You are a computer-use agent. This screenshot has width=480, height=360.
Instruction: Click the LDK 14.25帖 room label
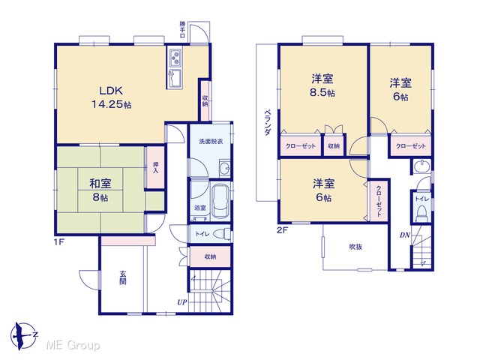(x=112, y=97)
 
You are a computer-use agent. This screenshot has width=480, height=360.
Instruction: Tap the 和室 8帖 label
(x=100, y=190)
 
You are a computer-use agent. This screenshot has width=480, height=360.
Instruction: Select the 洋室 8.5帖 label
(x=322, y=85)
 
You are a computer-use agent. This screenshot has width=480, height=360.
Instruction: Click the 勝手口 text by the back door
(x=182, y=29)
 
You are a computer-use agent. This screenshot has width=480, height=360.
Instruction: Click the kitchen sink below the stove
(x=175, y=78)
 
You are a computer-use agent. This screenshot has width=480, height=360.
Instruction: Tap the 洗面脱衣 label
(x=211, y=142)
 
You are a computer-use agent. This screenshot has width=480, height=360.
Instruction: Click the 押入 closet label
(x=155, y=168)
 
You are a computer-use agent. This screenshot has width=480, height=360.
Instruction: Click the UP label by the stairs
(x=181, y=302)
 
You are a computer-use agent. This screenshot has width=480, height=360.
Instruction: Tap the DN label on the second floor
(x=405, y=235)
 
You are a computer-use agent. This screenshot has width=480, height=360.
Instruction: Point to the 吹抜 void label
(x=355, y=247)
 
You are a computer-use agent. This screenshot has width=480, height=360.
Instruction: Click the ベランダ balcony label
(x=267, y=122)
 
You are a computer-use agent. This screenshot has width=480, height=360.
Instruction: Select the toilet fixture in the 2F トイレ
(x=421, y=213)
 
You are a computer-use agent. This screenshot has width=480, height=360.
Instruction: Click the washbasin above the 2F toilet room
(x=421, y=166)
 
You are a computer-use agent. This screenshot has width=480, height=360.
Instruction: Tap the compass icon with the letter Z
(x=23, y=336)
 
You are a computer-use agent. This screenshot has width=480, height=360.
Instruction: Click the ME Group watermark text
(x=73, y=346)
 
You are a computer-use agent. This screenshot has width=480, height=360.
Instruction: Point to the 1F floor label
(x=58, y=242)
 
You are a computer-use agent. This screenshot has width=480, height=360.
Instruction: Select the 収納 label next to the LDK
(x=205, y=101)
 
